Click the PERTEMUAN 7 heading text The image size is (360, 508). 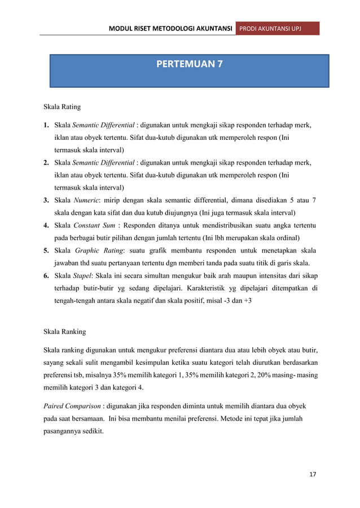pyautogui.click(x=189, y=64)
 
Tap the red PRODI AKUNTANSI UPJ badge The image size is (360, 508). pyautogui.click(x=277, y=28)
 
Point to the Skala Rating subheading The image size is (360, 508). pyautogui.click(x=62, y=106)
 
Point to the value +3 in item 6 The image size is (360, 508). pyautogui.click(x=248, y=300)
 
